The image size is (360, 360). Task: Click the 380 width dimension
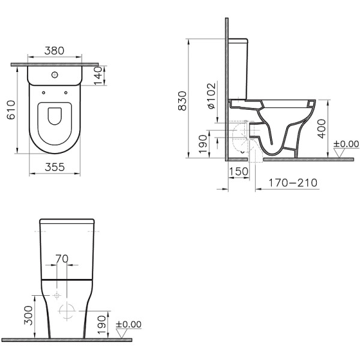click(x=54, y=51)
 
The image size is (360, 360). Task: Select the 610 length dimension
click(x=11, y=110)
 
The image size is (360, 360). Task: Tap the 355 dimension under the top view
click(x=55, y=167)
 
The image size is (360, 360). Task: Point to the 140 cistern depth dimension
click(x=98, y=76)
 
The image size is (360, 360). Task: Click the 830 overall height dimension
click(x=182, y=101)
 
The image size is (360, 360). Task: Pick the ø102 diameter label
click(x=211, y=95)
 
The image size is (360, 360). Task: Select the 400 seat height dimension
click(x=322, y=129)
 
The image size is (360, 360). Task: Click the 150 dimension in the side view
click(x=239, y=171)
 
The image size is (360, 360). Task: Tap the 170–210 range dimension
click(x=293, y=183)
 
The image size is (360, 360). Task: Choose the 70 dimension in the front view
click(x=62, y=259)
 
